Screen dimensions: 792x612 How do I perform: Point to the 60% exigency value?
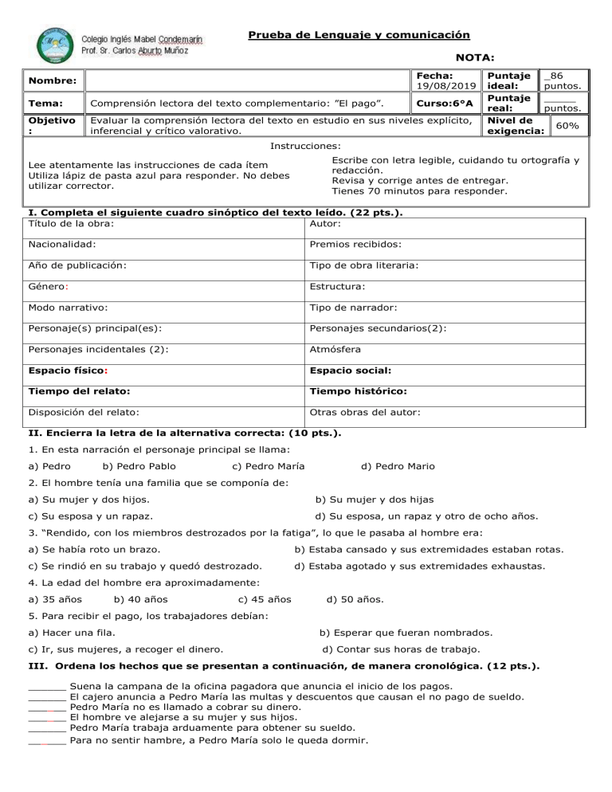coord(567,126)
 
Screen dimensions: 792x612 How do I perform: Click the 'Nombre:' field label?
coord(42,81)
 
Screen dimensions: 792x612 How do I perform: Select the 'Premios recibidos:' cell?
coord(355,245)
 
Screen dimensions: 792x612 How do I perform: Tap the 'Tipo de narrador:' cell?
coord(353,306)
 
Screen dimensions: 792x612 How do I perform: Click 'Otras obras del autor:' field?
coord(361,412)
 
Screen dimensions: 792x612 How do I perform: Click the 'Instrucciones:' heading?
coord(306,147)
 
